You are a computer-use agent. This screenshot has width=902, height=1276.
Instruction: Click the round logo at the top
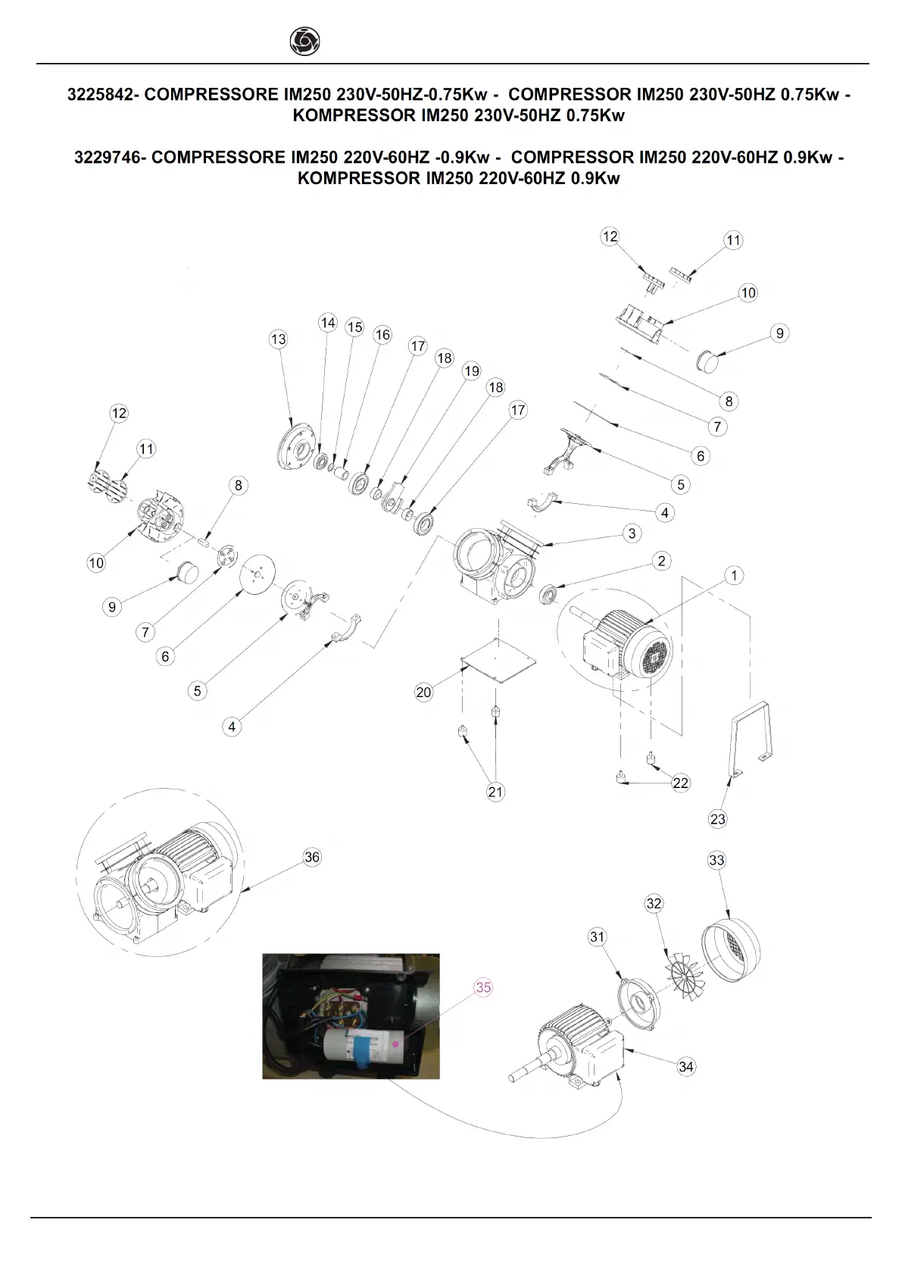tap(304, 41)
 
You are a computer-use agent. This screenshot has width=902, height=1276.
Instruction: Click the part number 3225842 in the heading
tap(98, 95)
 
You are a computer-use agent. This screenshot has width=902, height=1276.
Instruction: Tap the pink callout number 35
tap(483, 987)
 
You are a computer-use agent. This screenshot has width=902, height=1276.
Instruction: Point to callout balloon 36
tap(312, 857)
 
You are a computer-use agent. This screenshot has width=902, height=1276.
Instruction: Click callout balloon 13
tap(279, 339)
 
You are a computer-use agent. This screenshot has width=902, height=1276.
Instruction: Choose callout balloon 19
tap(472, 371)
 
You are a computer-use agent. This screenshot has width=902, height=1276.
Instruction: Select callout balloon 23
tap(717, 818)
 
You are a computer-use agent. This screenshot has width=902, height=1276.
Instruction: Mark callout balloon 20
tap(423, 692)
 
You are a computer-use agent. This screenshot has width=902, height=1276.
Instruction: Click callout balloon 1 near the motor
tap(734, 576)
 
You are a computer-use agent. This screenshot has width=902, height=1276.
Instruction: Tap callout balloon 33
tap(716, 860)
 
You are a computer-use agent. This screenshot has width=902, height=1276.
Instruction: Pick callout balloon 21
tap(495, 792)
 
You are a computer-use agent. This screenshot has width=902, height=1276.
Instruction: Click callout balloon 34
tap(685, 1066)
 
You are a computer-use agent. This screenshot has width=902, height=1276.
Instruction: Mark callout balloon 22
tap(680, 783)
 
